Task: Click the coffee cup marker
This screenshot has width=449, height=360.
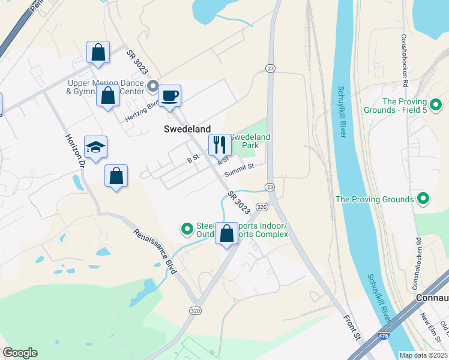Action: tap(169, 95)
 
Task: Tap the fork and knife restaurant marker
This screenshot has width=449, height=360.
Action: tap(219, 144)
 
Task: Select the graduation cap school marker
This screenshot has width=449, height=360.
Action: tap(95, 147)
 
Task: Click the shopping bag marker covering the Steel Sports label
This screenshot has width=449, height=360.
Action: tap(226, 233)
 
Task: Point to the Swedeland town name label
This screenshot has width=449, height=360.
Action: tap(187, 129)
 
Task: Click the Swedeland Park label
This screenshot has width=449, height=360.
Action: tap(250, 141)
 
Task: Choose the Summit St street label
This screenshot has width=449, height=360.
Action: tap(240, 170)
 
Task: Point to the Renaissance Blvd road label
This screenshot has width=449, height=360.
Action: tap(155, 251)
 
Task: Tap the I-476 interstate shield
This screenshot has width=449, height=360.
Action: tap(382, 337)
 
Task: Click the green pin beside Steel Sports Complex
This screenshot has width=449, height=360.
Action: tap(187, 229)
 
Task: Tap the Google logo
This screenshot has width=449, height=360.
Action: tap(20, 353)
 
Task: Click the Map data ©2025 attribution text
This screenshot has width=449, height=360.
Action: tap(423, 355)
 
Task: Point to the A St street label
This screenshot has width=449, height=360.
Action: tap(223, 160)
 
